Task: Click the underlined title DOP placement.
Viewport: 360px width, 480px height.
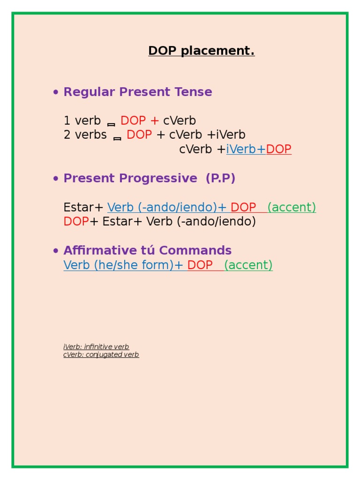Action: point(202,51)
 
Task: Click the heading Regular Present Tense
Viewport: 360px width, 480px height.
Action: point(138,92)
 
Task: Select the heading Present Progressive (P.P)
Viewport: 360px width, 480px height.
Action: point(149,178)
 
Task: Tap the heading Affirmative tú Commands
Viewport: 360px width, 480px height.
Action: point(148,250)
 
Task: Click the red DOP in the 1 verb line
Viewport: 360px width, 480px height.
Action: point(133,121)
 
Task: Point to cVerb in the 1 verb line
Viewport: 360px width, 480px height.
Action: point(180,121)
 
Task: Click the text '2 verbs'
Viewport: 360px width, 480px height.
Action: point(85,135)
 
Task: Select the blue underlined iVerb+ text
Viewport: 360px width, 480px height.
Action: point(246,150)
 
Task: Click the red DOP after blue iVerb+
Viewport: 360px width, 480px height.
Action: point(279,150)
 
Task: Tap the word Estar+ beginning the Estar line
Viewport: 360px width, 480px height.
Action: point(83,207)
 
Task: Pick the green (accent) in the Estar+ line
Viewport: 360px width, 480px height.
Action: point(292,207)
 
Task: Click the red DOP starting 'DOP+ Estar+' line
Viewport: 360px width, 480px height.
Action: point(76,222)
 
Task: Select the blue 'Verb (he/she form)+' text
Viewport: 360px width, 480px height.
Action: point(123,265)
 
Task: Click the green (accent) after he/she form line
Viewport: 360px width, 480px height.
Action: point(248,265)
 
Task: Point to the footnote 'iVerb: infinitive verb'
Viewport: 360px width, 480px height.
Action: point(96,347)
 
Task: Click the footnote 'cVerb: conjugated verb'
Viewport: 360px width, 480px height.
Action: point(101,355)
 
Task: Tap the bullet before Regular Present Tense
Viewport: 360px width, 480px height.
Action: point(56,92)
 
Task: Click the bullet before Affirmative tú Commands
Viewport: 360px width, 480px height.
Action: point(56,251)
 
